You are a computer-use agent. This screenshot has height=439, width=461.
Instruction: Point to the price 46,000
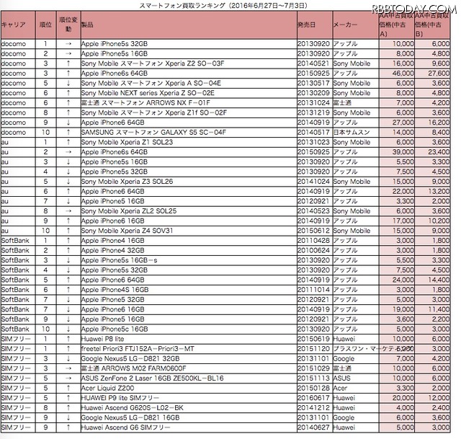tap(402, 74)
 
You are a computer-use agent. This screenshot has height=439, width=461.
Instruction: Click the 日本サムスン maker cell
tap(349, 132)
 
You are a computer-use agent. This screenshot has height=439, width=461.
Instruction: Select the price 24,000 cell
tap(402, 279)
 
